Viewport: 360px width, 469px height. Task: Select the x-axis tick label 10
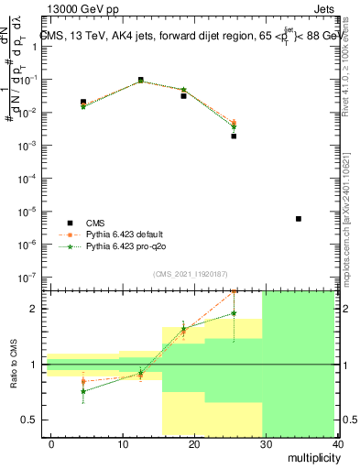click(123, 444)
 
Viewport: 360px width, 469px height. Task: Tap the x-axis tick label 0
click(51, 444)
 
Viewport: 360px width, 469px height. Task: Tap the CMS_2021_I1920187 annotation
click(190, 274)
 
